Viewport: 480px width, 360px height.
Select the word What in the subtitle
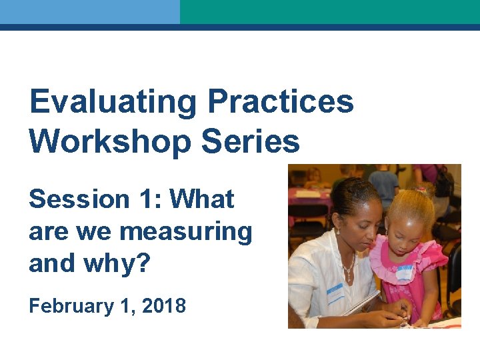coord(202,199)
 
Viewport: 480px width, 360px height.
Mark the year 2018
coord(165,306)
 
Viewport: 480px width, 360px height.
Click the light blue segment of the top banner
coord(89,12)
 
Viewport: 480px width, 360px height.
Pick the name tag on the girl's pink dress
coord(405,271)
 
